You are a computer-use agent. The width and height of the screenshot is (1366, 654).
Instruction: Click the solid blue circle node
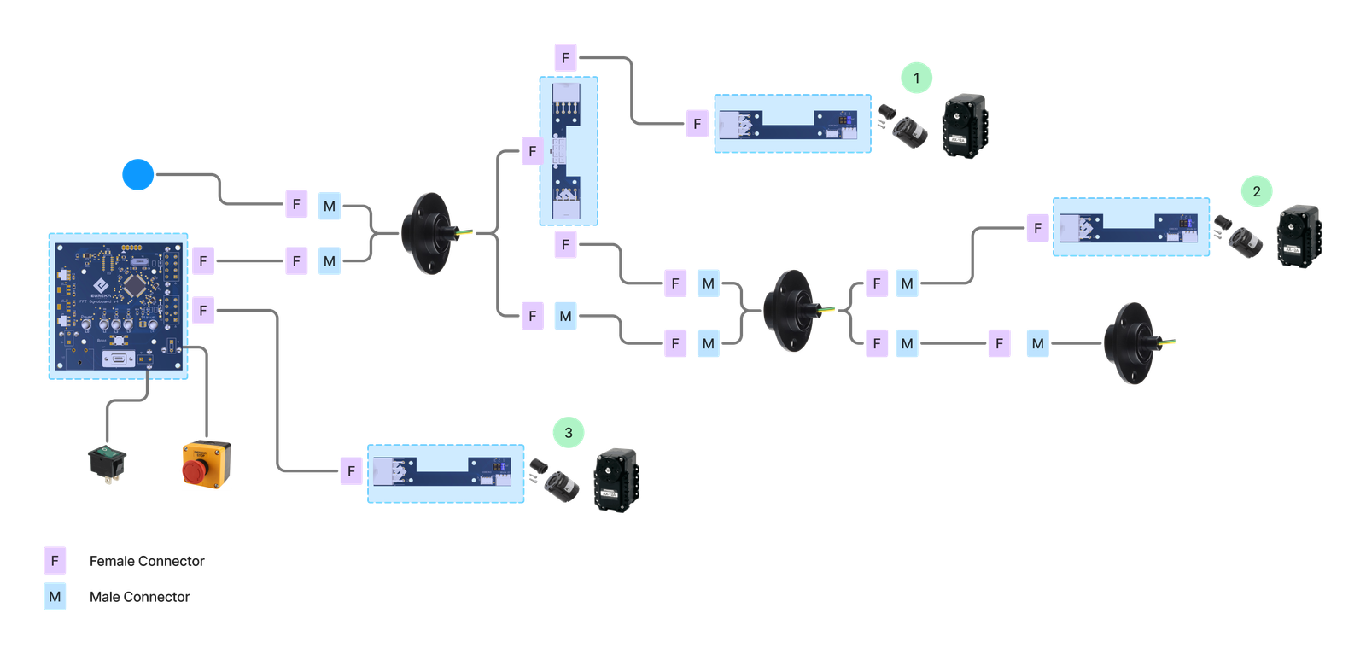click(137, 174)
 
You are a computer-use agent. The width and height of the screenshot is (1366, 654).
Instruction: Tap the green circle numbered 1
click(916, 79)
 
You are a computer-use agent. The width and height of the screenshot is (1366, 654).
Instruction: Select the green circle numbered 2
click(1256, 191)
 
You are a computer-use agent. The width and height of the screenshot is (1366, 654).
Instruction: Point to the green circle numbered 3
click(569, 433)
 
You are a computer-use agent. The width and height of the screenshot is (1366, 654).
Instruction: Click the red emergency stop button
click(206, 466)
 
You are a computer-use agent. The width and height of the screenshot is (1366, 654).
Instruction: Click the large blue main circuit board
click(118, 305)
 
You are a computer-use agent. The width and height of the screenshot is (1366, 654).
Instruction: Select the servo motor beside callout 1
click(965, 126)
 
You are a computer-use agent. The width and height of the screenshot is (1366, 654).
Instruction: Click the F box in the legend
click(55, 561)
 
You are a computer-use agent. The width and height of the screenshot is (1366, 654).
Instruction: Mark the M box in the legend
click(55, 597)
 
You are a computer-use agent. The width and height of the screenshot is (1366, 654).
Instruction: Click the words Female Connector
click(147, 561)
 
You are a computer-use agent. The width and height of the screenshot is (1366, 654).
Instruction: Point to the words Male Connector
click(140, 597)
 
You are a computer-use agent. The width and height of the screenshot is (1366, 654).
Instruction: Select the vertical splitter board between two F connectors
click(568, 151)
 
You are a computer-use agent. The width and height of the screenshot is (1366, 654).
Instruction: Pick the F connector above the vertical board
click(565, 58)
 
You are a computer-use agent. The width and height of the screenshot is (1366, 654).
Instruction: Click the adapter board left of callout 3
click(446, 473)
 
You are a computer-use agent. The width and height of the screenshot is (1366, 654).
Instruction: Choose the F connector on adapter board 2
click(1037, 228)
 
